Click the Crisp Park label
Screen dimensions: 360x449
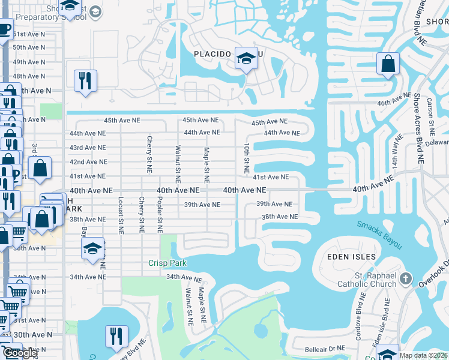[168, 263]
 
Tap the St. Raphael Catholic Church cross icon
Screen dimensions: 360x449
[406, 278]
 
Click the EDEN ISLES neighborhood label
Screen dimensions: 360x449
[351, 257]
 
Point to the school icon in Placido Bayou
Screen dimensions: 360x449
[246, 58]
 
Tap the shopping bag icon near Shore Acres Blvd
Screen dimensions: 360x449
[388, 63]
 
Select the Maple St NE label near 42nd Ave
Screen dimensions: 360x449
[206, 165]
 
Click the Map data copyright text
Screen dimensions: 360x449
[424, 355]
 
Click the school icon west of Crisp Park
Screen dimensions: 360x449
[93, 248]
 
